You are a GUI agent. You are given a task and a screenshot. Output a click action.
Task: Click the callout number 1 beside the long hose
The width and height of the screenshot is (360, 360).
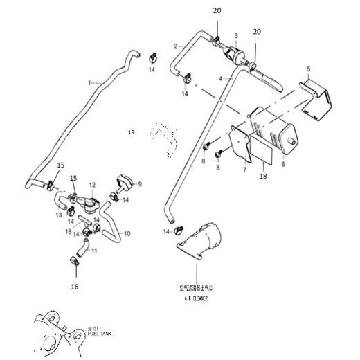[89, 82]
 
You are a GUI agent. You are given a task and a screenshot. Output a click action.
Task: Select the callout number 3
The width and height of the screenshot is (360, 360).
[236, 35]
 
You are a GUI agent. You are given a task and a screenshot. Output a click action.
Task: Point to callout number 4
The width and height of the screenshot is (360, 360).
[222, 80]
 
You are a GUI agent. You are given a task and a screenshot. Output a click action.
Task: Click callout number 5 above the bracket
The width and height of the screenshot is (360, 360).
[309, 69]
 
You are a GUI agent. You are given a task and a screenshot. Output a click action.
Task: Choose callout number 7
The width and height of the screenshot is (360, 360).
[244, 168]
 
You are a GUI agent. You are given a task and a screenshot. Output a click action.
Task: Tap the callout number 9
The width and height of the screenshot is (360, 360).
[139, 184]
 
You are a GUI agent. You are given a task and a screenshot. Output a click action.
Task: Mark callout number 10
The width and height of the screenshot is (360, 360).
[127, 233]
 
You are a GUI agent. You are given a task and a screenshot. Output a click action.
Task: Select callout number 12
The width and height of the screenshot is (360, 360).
[91, 186]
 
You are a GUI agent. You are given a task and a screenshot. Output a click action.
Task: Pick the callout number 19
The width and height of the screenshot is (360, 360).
[130, 130]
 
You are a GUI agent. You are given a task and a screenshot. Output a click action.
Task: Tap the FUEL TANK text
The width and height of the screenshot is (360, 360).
[100, 335]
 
